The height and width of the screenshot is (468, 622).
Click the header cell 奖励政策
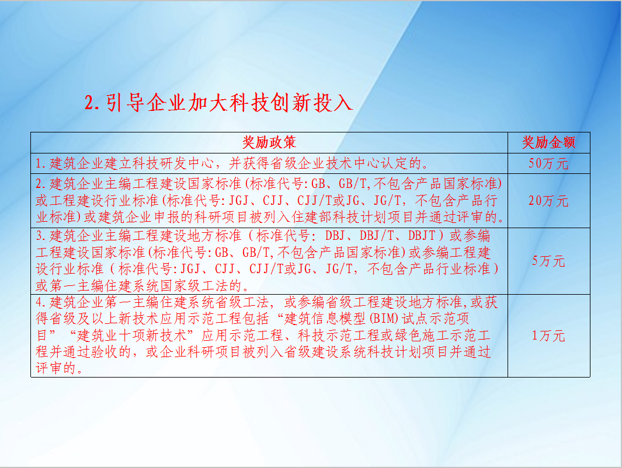point(269,142)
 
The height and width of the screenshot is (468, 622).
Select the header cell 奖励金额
point(548,142)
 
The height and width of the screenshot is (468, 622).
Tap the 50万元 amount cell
point(548,163)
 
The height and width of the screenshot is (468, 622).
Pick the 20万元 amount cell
point(548,201)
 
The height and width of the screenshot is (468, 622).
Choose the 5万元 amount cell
point(548,261)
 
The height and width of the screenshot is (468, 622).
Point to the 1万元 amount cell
point(548,336)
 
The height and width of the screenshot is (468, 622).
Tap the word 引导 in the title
point(126,103)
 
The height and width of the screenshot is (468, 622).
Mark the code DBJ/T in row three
point(377,236)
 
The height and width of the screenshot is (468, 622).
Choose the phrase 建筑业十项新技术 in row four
point(131,336)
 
